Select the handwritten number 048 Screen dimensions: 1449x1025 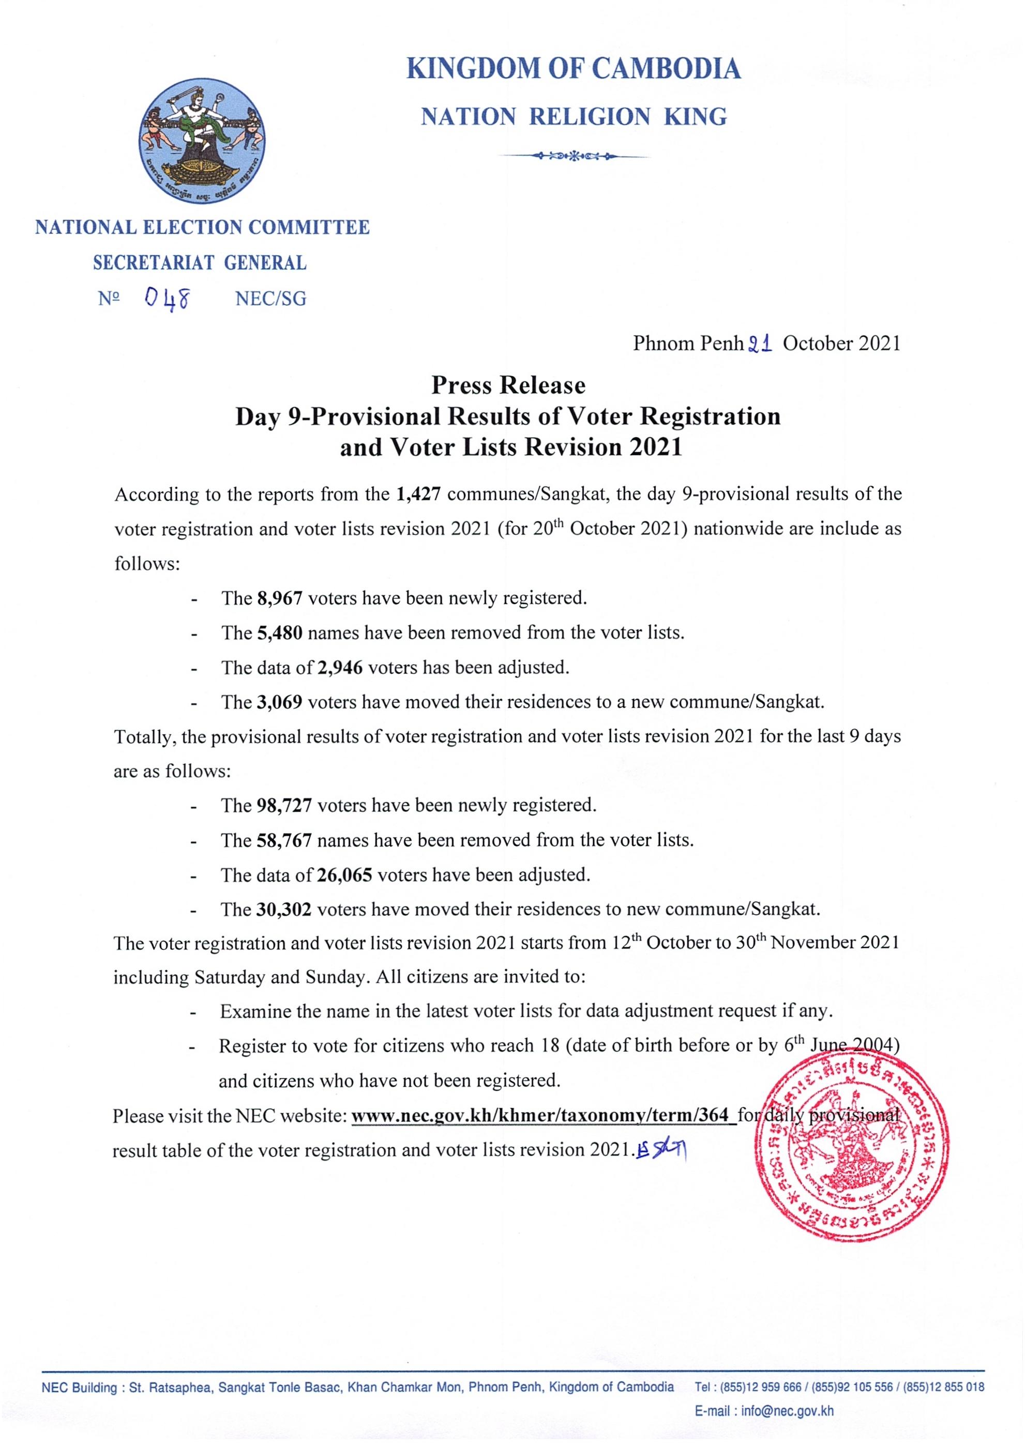pos(167,297)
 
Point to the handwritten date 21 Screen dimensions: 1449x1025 pos(760,343)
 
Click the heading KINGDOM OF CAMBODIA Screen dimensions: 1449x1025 pos(574,68)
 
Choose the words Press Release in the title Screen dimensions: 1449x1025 pos(508,385)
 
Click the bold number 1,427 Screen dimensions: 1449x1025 pos(418,494)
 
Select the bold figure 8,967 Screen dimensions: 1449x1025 pos(280,598)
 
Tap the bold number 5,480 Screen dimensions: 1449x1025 pos(280,633)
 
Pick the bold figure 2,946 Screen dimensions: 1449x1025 pos(340,668)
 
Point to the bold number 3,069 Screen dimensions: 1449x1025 pos(280,702)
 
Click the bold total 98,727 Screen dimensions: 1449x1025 pos(284,805)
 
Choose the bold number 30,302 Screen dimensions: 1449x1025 pos(284,910)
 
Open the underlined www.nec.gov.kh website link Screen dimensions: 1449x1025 pos(544,1116)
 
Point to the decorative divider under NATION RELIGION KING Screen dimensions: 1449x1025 pos(574,155)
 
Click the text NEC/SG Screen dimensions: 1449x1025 pos(270,299)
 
